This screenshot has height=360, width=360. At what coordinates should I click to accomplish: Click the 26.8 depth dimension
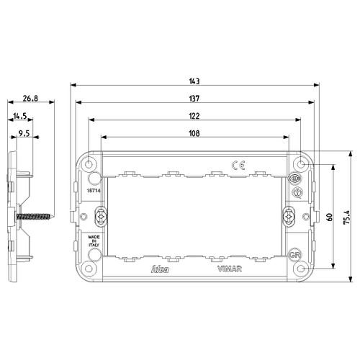pos(30,98)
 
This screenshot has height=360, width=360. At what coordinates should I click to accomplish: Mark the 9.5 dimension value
pos(24,132)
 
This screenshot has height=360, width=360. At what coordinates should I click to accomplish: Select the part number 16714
pos(91,190)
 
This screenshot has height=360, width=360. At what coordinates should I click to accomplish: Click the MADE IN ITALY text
pos(94,240)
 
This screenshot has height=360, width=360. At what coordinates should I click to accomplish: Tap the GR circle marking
pos(294,255)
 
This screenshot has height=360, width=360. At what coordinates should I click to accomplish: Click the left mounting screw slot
pos(102,215)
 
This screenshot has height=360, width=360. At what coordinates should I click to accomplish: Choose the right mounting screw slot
pos(289,215)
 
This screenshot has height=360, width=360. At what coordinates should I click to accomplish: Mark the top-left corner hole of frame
pos(89,165)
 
